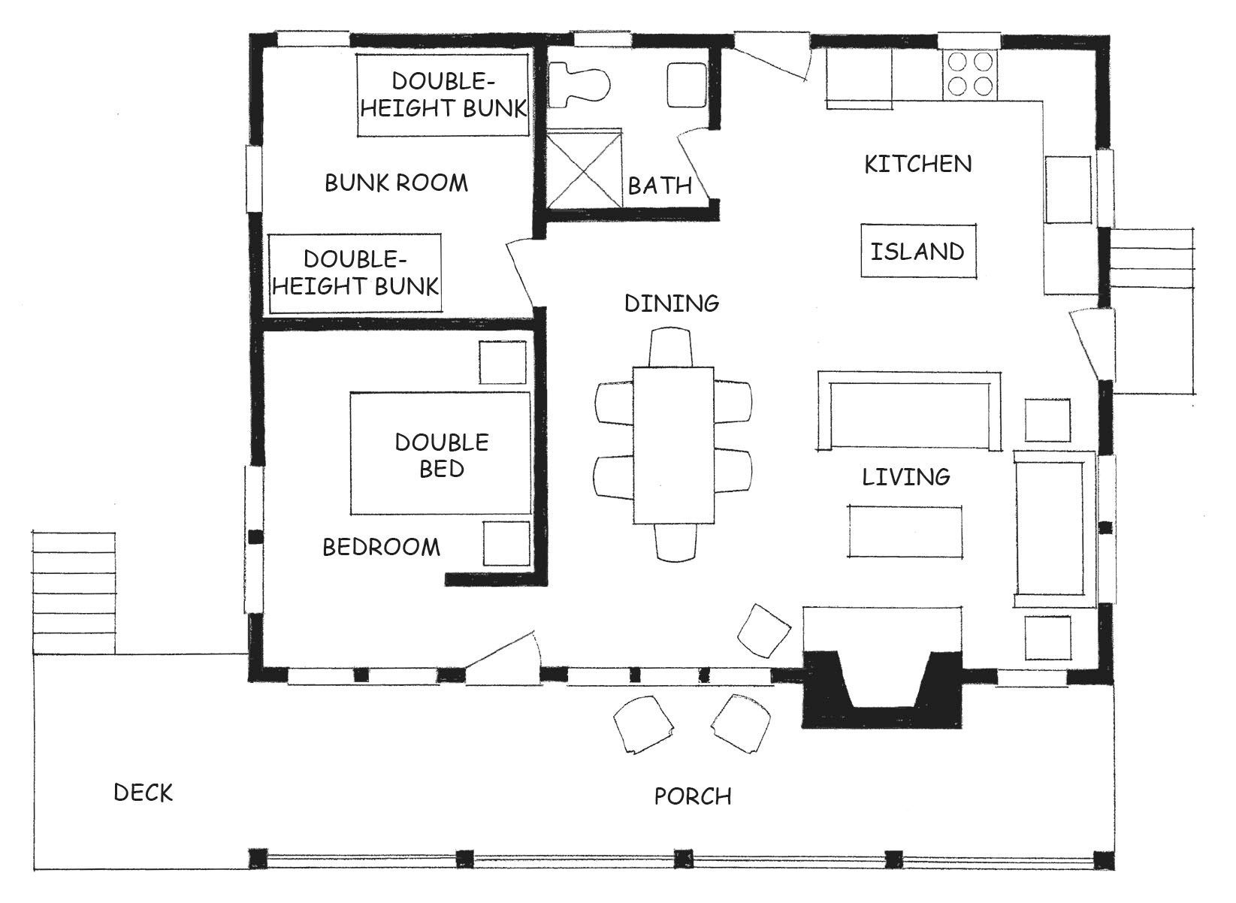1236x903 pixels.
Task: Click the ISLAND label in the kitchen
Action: [x=917, y=252]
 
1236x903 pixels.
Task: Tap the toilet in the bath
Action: [x=579, y=84]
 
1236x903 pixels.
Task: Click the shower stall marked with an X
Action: [x=584, y=169]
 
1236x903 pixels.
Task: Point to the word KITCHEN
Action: [x=917, y=164]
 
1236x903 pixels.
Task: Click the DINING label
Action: [x=672, y=303]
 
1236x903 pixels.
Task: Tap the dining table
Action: [x=673, y=445]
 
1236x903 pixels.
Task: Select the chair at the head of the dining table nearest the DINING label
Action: [x=670, y=347]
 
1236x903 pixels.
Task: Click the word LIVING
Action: [x=906, y=476]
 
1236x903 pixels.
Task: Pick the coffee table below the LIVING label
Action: [x=905, y=531]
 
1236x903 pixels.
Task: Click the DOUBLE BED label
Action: [x=442, y=455]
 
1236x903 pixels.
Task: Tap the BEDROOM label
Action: [x=381, y=547]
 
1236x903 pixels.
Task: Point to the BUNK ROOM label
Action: [x=396, y=183]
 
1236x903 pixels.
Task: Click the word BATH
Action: [x=660, y=186]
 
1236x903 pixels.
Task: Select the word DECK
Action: [x=143, y=793]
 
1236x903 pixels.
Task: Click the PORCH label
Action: [x=693, y=796]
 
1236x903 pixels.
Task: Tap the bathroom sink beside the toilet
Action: [x=687, y=85]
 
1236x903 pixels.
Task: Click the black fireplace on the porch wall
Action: [x=881, y=690]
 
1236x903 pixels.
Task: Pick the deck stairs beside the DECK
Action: [x=74, y=593]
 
